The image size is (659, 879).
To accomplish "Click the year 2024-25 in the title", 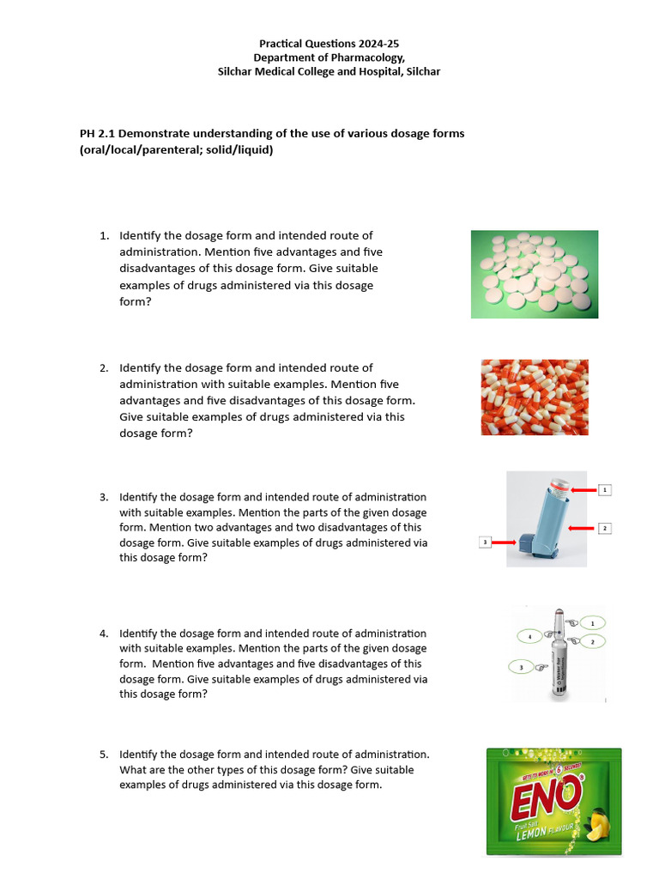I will click(x=375, y=43).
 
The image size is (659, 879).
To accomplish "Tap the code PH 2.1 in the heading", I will click(x=97, y=134).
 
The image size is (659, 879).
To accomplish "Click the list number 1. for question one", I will click(x=104, y=235).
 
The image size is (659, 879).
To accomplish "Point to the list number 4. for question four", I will click(x=104, y=633).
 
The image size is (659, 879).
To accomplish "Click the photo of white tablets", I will click(x=534, y=274).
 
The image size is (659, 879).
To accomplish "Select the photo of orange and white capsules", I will click(x=534, y=397).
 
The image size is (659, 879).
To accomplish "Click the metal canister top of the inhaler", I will click(x=559, y=486).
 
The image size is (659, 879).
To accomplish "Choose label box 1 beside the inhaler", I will click(x=605, y=490).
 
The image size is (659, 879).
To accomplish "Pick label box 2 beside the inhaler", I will click(x=605, y=528).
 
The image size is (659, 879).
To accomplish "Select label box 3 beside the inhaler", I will click(x=485, y=543).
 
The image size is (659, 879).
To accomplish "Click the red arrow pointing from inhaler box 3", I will click(x=503, y=543).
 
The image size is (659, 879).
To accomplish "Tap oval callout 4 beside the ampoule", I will click(x=530, y=636).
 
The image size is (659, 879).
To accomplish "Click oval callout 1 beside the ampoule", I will click(x=591, y=622).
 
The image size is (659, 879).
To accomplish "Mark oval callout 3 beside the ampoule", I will click(x=521, y=666).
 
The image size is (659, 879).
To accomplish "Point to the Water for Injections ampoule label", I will click(x=563, y=662).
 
